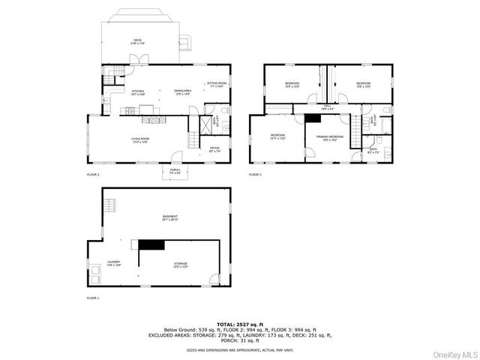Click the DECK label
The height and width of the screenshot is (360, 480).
point(137,41)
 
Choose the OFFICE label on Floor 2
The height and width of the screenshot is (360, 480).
point(214,148)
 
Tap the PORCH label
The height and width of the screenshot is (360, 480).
point(175,171)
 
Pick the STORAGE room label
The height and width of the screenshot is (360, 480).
point(181,265)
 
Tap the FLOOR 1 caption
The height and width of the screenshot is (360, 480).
point(92,298)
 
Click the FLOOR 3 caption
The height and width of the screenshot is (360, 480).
point(255,174)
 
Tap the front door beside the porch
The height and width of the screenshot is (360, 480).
point(177,157)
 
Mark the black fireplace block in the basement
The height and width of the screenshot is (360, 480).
point(150,244)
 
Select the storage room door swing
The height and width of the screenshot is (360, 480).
point(214,280)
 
